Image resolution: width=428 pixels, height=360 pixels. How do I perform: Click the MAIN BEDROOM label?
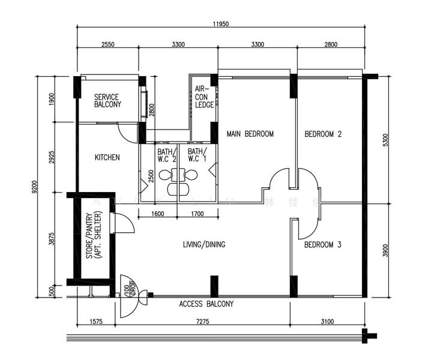pos(250,134)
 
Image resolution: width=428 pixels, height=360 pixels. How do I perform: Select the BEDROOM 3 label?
pos(322,245)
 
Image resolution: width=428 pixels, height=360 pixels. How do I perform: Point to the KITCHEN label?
pos(107,158)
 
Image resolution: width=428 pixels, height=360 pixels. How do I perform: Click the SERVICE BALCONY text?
pos(107,101)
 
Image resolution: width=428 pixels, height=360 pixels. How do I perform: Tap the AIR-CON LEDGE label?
pos(204,97)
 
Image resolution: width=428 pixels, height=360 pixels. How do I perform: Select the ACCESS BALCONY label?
pos(206,304)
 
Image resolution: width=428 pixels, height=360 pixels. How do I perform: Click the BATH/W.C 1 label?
pos(197,155)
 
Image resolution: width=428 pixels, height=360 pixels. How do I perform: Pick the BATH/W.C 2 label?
pos(166,155)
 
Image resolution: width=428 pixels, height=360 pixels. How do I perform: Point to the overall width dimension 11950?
pos(220,25)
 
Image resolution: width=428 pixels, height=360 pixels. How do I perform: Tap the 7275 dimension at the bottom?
pos(202,322)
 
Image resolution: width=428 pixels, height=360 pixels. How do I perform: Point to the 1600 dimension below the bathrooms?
pos(158,213)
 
